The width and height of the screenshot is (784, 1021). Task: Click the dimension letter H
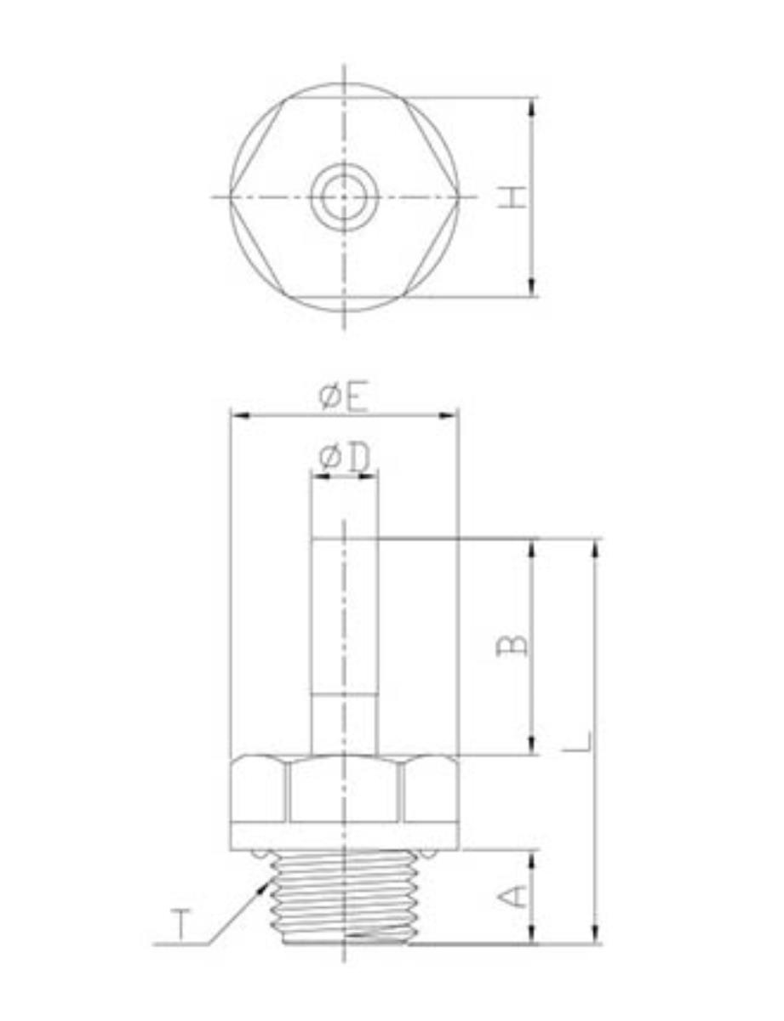pyautogui.click(x=512, y=197)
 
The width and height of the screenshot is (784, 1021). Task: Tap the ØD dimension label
pyautogui.click(x=344, y=458)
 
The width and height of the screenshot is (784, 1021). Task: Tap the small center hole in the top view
pyautogui.click(x=344, y=197)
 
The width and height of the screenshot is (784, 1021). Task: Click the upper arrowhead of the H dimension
pyautogui.click(x=531, y=109)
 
